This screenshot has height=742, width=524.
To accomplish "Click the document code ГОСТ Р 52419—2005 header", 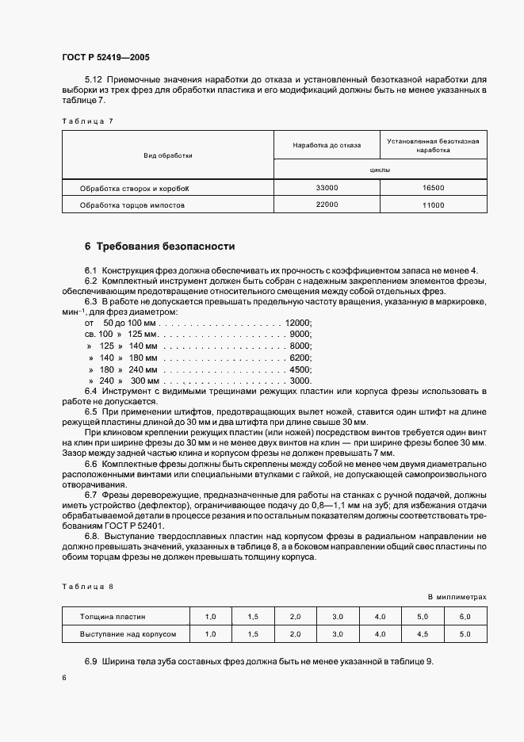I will click(x=104, y=58).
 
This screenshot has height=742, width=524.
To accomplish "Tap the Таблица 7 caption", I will click(x=87, y=120).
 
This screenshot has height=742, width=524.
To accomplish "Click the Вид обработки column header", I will click(x=168, y=155).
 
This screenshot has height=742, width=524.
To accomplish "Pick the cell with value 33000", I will click(x=327, y=188).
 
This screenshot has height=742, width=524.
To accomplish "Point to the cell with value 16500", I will click(x=433, y=188).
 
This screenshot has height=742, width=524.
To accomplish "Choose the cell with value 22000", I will click(x=327, y=205).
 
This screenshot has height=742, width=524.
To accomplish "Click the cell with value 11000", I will click(x=433, y=205).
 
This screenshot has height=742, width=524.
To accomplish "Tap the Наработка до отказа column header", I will click(x=327, y=145).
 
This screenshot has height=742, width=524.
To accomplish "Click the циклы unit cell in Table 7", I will click(x=380, y=170).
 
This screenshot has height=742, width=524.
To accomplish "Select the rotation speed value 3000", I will click(x=300, y=381).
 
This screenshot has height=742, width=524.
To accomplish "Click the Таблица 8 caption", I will click(x=87, y=586).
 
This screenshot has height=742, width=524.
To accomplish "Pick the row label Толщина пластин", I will click(x=113, y=616).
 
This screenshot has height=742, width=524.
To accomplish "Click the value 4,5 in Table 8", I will click(x=423, y=634).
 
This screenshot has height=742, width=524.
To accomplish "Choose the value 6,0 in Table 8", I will click(x=465, y=616).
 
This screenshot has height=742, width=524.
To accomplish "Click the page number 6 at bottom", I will click(x=63, y=678).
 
